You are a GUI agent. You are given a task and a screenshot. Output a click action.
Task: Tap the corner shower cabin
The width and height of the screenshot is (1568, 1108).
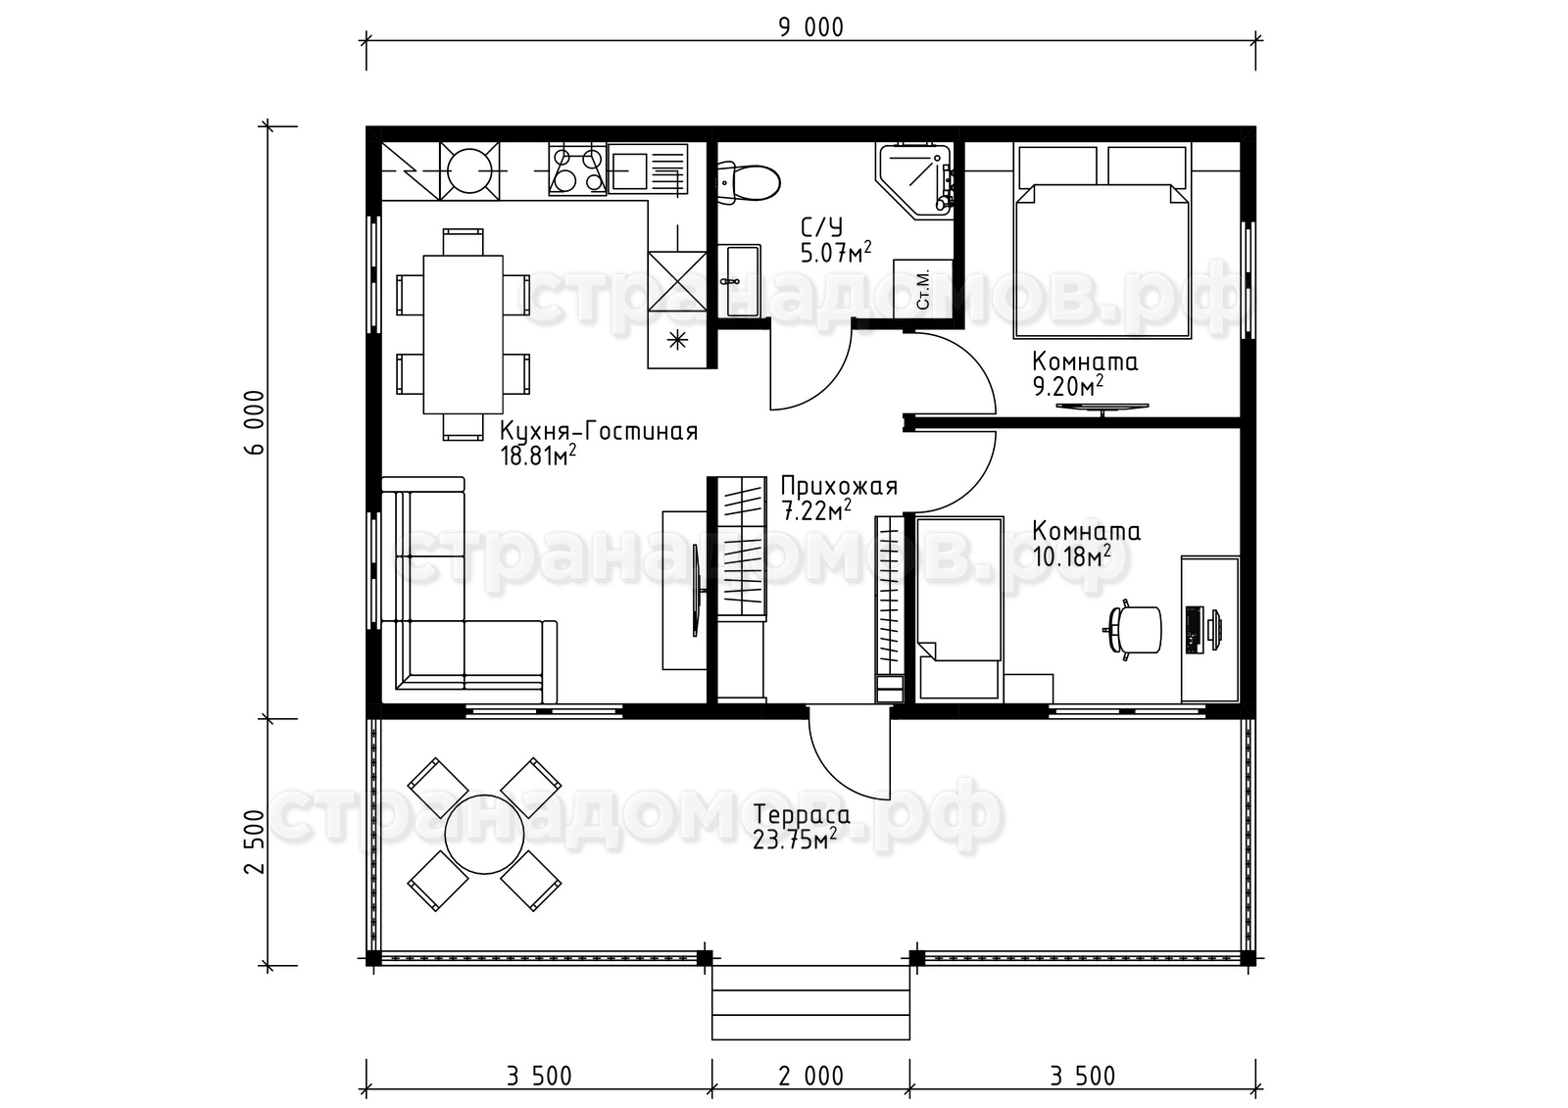913,180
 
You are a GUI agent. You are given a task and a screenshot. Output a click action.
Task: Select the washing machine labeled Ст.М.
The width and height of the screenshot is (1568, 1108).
923,288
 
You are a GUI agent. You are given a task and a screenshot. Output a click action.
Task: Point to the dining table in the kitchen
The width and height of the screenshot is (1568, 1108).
463,335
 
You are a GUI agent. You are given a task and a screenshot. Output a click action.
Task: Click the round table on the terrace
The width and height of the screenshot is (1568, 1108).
484,834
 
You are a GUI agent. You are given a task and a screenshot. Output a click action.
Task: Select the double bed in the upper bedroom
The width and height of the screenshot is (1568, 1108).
1102,241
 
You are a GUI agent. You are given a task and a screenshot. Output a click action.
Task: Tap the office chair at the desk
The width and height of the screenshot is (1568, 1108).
1133,630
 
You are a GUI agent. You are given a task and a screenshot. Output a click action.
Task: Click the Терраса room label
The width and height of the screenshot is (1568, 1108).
802,815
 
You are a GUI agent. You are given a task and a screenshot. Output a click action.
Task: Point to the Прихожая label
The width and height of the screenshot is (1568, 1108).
839,486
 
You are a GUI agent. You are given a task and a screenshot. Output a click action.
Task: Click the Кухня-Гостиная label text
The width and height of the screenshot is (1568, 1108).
599,430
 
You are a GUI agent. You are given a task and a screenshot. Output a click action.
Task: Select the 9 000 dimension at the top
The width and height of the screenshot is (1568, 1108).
811,27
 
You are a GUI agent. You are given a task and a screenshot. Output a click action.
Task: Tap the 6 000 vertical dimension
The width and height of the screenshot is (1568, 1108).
256,422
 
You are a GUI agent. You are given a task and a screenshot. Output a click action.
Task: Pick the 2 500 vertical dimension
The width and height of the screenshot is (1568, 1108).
256,842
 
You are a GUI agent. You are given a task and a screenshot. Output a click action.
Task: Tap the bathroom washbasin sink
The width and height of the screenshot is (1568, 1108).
739,280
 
